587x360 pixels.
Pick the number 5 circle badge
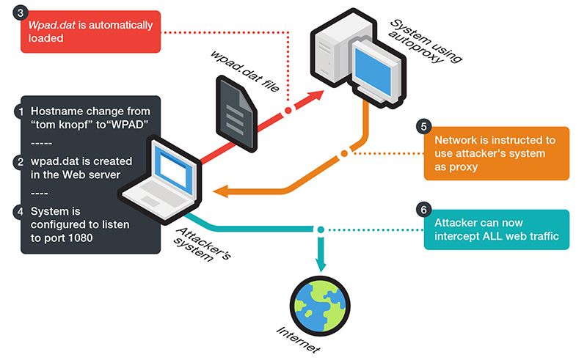(x=423, y=126)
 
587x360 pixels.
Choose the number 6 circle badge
(x=423, y=210)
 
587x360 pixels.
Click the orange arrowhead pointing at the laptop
(x=221, y=192)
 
